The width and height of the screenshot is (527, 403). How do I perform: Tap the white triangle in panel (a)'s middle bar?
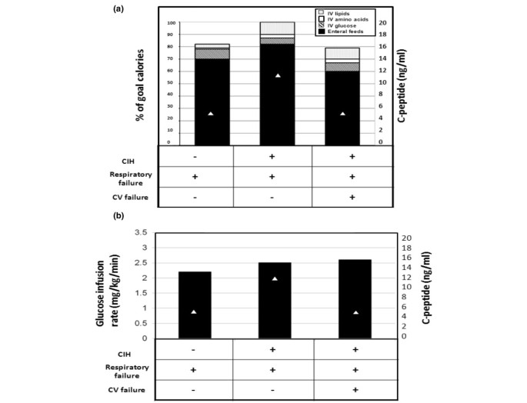278,75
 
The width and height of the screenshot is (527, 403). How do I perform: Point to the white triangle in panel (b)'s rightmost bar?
355,312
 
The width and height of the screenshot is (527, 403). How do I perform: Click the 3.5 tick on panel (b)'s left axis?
140,232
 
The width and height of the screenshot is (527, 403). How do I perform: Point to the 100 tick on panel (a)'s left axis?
171,23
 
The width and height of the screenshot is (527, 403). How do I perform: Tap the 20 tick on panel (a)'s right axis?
390,23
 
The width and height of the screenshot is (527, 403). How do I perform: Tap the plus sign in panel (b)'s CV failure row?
355,390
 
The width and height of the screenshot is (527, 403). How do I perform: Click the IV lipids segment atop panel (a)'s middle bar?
278,28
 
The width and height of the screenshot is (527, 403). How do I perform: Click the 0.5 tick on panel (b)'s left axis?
140,323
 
